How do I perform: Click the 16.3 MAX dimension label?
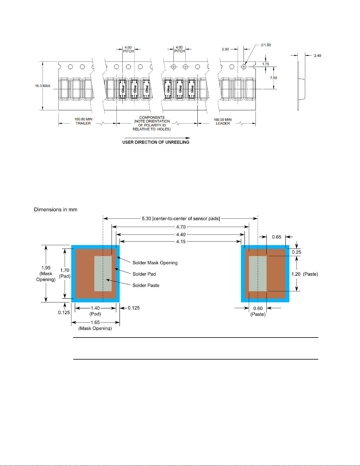(43, 86)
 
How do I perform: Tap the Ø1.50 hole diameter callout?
(266, 45)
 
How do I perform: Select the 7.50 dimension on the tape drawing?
(273, 78)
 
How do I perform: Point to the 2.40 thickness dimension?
(318, 56)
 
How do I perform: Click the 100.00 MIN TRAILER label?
(83, 121)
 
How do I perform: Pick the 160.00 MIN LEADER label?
(223, 121)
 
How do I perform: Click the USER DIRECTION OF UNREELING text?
(156, 142)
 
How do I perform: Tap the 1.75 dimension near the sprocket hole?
(265, 64)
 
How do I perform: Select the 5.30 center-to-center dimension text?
(181, 218)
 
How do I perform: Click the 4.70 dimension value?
(181, 227)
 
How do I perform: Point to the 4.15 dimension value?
(181, 241)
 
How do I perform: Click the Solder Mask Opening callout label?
(155, 263)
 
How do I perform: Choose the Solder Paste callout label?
(146, 285)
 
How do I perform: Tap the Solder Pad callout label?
(144, 274)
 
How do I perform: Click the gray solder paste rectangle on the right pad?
(258, 273)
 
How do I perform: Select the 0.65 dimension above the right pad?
(277, 237)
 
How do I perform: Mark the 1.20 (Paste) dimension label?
(305, 274)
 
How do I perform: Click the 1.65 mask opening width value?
(95, 322)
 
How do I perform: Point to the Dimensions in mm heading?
(56, 210)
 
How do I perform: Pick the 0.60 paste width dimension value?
(258, 308)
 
